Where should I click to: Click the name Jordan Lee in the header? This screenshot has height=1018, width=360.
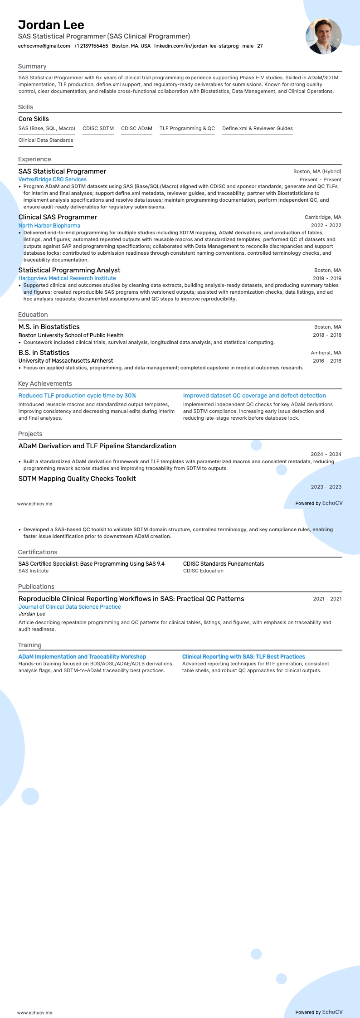[51, 25]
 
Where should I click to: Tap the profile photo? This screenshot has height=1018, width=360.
[323, 36]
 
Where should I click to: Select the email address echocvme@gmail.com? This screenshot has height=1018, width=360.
[44, 46]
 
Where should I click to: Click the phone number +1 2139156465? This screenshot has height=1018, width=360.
[91, 46]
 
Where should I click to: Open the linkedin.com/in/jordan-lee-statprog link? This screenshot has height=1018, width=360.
[196, 46]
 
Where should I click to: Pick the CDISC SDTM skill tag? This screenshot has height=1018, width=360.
[98, 128]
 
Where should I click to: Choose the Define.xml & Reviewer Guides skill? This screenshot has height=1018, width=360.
[257, 128]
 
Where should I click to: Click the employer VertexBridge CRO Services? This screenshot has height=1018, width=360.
[52, 179]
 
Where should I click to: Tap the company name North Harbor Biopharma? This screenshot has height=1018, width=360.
[49, 225]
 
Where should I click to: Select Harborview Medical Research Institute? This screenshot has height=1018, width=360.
[67, 278]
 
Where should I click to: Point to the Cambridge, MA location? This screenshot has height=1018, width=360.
[323, 217]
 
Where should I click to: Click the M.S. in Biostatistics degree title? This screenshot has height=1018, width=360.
[49, 327]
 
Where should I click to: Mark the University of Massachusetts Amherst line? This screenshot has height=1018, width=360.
[66, 361]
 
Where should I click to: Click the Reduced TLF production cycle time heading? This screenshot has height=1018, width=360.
[77, 396]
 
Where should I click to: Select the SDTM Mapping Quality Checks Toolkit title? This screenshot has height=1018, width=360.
[77, 479]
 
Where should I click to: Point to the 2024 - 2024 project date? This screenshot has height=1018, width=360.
[326, 454]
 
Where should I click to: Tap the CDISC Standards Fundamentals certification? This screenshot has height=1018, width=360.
[223, 564]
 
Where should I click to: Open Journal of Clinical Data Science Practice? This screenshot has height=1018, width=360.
[69, 607]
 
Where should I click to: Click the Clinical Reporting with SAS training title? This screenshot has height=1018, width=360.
[243, 657]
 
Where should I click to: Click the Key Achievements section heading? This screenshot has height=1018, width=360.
[45, 383]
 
